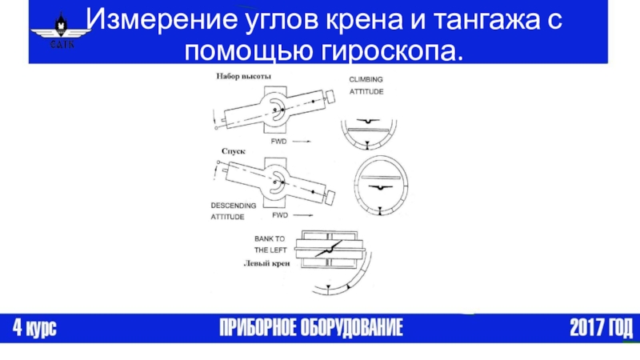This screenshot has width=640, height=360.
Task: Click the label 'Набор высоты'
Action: coord(242,76)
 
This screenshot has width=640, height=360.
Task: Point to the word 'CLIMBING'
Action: coord(366,79)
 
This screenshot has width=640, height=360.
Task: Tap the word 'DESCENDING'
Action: coord(234,206)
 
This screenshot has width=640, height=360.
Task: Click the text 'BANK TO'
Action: coord(270,238)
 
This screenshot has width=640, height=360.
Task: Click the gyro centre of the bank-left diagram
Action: coord(328,251)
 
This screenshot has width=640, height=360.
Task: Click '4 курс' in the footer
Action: coord(34,328)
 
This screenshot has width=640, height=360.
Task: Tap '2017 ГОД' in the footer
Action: coord(601,328)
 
